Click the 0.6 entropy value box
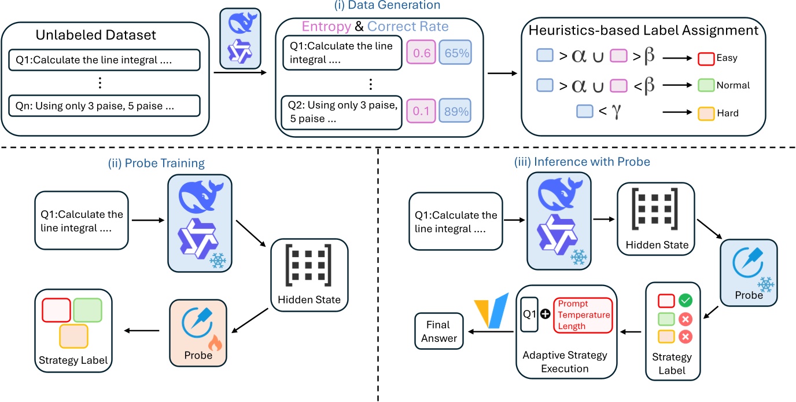click(420, 53)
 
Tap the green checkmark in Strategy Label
click(685, 301)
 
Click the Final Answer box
click(438, 332)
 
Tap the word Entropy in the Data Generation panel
click(329, 27)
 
